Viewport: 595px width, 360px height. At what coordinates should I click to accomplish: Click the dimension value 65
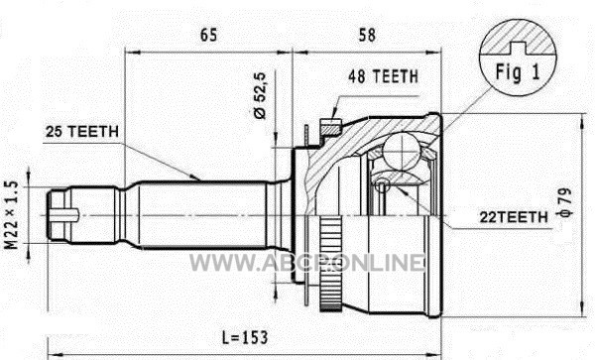click(x=208, y=35)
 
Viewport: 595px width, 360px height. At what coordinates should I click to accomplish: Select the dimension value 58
click(x=367, y=35)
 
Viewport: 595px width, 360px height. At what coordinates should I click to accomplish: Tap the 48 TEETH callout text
click(x=383, y=76)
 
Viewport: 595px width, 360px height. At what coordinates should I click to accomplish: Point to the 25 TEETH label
click(x=82, y=132)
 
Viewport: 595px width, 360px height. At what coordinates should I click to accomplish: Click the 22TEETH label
click(x=514, y=217)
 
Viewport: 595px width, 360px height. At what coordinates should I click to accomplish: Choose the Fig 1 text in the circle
click(x=518, y=71)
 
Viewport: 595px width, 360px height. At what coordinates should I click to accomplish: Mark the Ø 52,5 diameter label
click(x=260, y=95)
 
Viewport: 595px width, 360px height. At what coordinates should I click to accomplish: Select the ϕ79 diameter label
click(x=564, y=202)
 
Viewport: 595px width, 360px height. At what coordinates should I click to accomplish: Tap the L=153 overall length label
click(x=245, y=337)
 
